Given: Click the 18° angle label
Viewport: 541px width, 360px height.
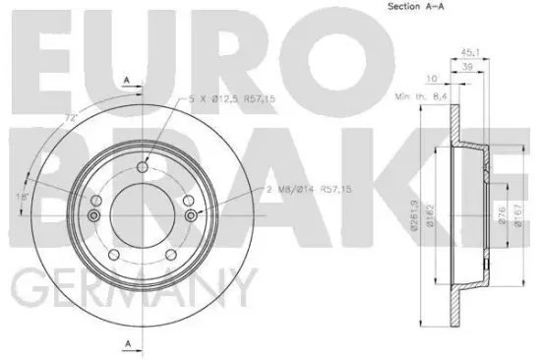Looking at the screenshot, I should click(x=22, y=197).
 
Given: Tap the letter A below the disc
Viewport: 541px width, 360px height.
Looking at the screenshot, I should click(x=127, y=342).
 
